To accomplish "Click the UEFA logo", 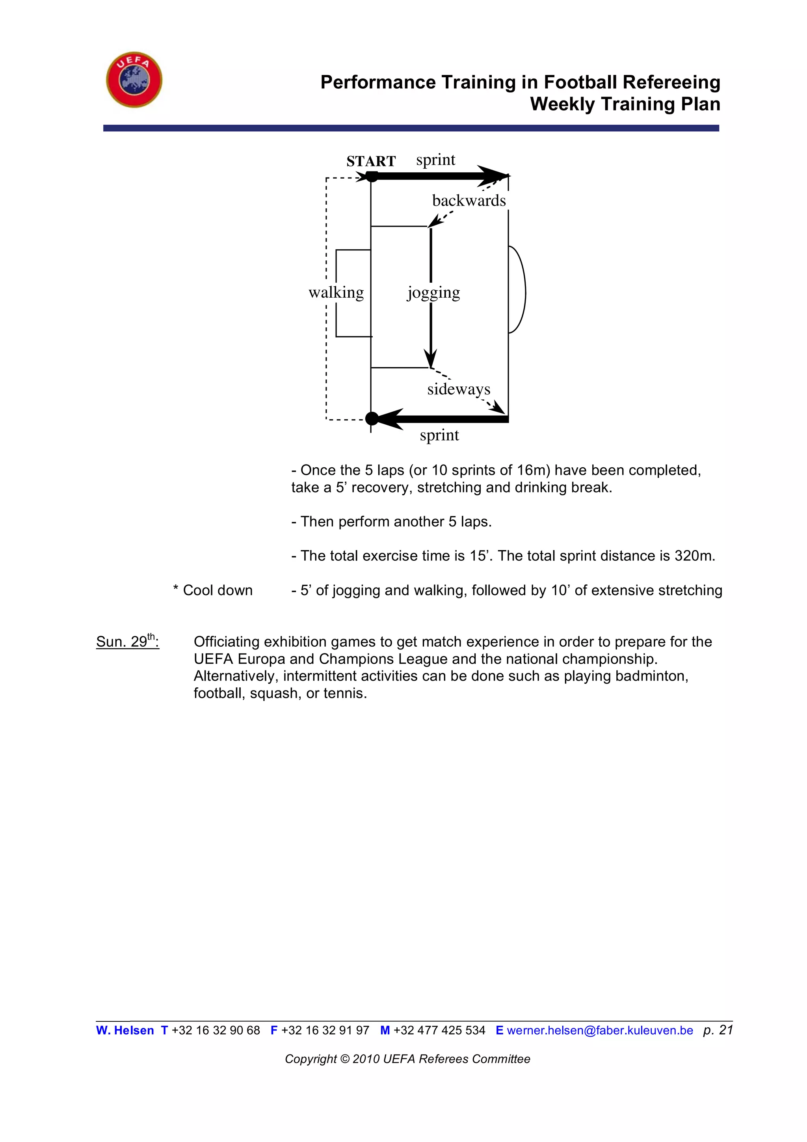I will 134,80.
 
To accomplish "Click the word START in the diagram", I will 371,161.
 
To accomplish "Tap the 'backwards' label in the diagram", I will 469,200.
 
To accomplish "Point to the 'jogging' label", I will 433,293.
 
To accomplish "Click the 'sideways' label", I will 459,389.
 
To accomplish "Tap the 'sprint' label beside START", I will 436,160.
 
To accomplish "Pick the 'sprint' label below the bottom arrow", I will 439,435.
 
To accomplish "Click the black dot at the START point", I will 372,176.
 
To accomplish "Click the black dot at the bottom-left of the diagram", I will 372,419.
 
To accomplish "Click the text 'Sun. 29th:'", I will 128,641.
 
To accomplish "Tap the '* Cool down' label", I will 213,590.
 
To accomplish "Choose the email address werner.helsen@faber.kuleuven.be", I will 600,1030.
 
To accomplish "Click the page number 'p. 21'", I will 718,1030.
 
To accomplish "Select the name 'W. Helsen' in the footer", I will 125,1030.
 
